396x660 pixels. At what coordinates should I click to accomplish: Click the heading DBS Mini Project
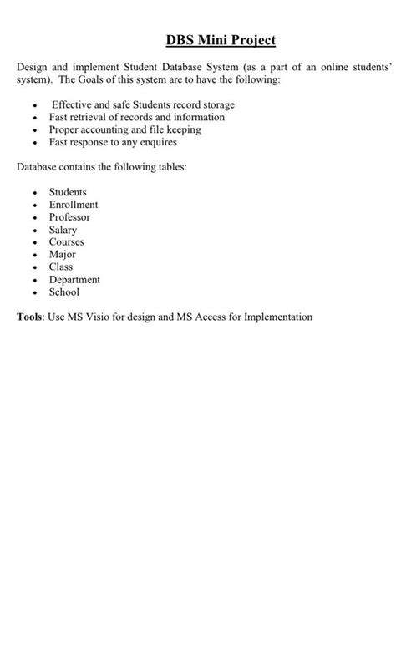(221, 40)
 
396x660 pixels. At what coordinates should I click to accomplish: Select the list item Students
(68, 192)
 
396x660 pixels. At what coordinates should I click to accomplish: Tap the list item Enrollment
(74, 205)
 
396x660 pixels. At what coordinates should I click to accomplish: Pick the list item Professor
(69, 217)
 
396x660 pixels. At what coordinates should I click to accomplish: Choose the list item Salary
(63, 230)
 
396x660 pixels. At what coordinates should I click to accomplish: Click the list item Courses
(67, 242)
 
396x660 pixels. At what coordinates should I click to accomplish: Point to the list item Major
(63, 255)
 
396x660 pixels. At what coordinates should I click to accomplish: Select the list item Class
(61, 267)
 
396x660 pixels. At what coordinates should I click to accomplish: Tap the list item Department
(74, 280)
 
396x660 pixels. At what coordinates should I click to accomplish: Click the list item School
(64, 292)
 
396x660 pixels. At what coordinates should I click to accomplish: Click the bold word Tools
(30, 317)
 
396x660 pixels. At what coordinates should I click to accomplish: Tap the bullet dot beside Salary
(35, 231)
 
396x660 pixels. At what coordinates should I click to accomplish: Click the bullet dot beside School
(35, 293)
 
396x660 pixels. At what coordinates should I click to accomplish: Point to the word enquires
(157, 143)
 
